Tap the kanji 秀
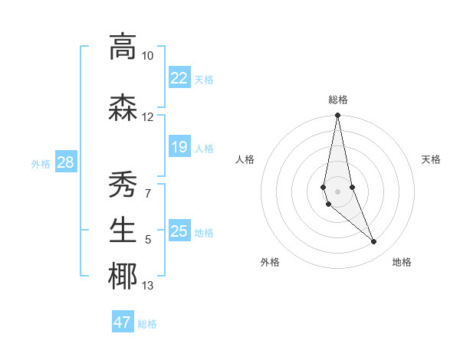click(x=123, y=184)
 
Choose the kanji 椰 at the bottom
click(x=123, y=277)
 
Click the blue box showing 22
click(x=179, y=78)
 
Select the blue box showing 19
click(x=179, y=147)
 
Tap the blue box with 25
click(x=179, y=231)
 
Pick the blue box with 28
click(x=66, y=162)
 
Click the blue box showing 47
click(x=123, y=322)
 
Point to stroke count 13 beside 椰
click(x=148, y=286)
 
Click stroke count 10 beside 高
click(x=148, y=56)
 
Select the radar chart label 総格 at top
click(x=338, y=100)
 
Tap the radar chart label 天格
click(x=432, y=159)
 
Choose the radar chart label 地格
click(x=402, y=263)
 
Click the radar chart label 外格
click(x=270, y=263)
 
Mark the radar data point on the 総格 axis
click(x=338, y=116)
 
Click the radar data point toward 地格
click(x=374, y=242)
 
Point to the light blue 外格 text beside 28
click(x=41, y=163)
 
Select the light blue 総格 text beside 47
click(x=147, y=324)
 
